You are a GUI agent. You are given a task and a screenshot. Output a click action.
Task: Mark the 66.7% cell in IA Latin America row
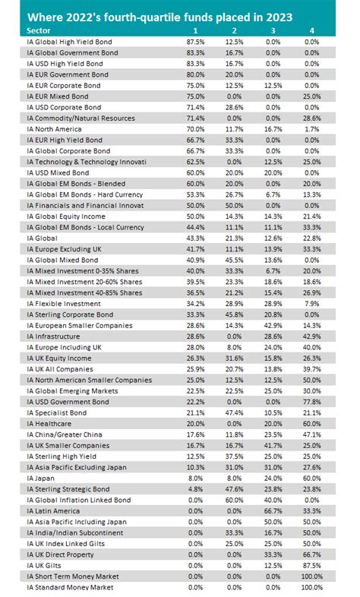[x=272, y=510]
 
